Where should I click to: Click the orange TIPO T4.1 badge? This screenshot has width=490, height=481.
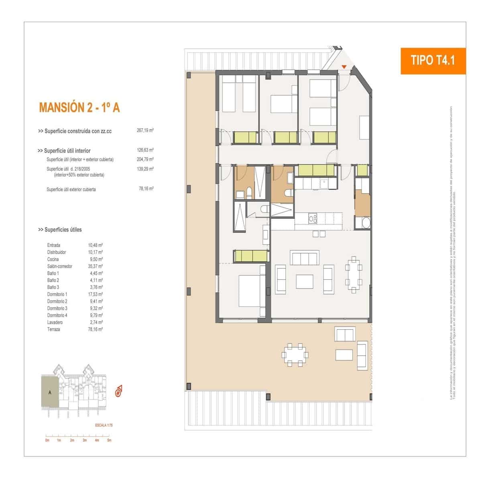click(433, 61)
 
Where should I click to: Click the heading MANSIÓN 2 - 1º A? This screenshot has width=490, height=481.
click(79, 107)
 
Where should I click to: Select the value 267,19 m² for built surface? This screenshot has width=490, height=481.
click(145, 131)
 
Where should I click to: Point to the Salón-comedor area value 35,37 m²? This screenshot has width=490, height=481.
click(96, 266)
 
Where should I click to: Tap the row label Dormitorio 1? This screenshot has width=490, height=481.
click(57, 294)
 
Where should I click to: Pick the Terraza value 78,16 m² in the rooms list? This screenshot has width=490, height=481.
click(96, 329)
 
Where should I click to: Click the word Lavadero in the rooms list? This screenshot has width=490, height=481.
click(55, 322)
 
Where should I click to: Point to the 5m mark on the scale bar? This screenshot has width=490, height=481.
click(109, 440)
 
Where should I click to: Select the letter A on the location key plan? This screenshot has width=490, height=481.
click(50, 392)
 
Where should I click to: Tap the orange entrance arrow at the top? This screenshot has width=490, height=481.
click(344, 67)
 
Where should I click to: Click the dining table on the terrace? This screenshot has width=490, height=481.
click(295, 354)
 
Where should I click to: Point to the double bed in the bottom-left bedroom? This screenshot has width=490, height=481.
click(251, 291)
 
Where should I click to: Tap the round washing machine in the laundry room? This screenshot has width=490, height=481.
click(366, 223)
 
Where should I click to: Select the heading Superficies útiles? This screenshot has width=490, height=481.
click(60, 230)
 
